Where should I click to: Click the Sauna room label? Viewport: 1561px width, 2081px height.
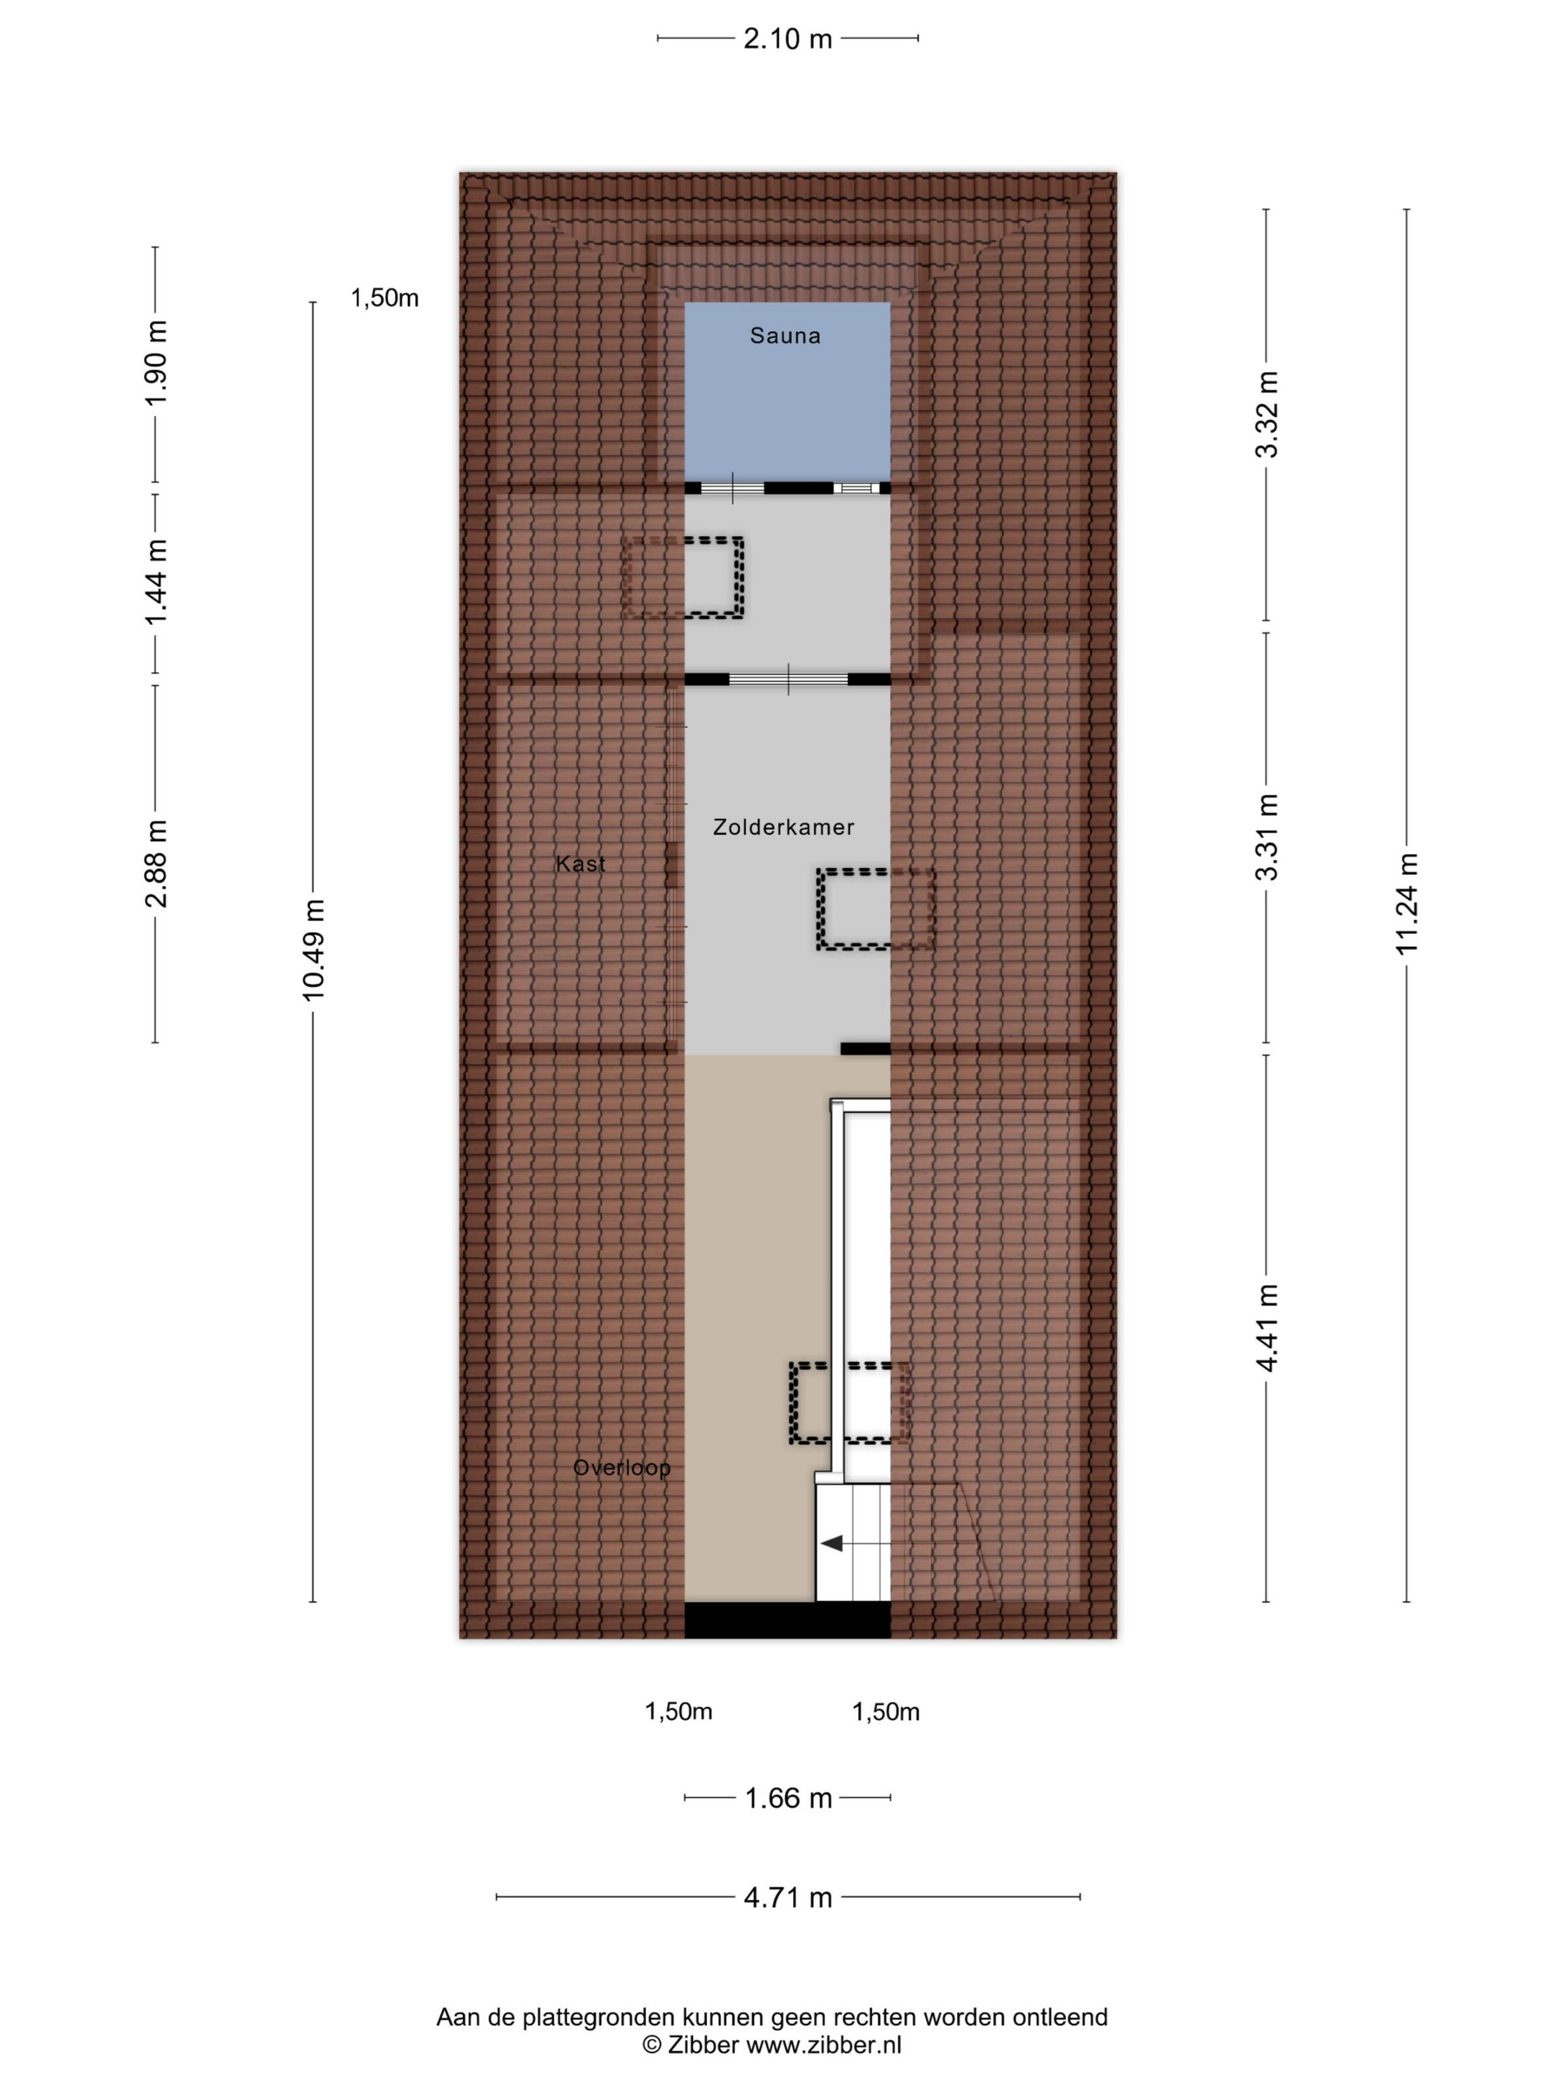[785, 336]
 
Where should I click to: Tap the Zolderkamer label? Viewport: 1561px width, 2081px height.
[783, 827]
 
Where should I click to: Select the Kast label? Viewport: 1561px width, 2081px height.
[581, 864]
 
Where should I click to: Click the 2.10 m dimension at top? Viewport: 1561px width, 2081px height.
[787, 39]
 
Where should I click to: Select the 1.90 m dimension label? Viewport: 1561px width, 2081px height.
[156, 362]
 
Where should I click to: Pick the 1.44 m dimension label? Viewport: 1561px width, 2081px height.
[156, 581]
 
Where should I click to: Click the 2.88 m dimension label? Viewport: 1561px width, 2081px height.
[156, 863]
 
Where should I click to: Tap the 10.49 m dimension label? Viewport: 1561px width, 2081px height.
[314, 949]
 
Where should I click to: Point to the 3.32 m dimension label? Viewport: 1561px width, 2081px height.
[1267, 414]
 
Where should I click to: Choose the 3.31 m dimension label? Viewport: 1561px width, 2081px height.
[1267, 836]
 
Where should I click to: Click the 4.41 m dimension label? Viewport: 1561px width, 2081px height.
[1267, 1327]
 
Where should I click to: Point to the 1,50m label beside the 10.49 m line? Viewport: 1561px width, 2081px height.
[385, 298]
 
